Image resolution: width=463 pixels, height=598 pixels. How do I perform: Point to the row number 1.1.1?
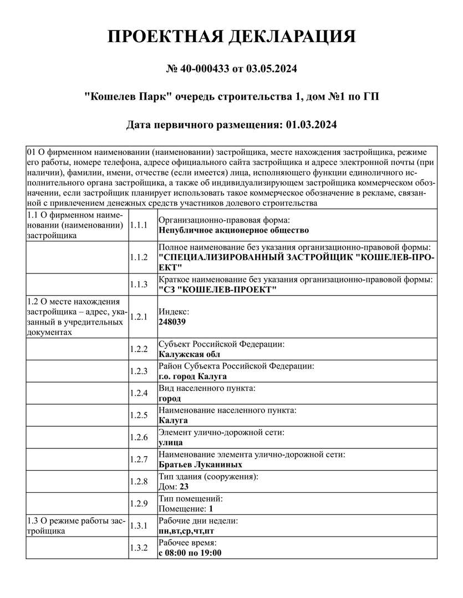tap(138, 225)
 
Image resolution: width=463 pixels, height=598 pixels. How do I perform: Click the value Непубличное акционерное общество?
tap(233, 230)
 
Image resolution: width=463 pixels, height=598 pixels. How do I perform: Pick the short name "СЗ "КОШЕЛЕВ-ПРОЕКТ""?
tap(217, 290)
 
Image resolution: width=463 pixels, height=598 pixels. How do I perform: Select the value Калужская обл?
tap(189, 354)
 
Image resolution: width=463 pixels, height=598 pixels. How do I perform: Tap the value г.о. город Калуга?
tap(192, 377)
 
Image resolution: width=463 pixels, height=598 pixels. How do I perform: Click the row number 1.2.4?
tap(138, 394)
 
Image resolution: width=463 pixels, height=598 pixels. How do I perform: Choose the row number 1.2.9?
tap(138, 503)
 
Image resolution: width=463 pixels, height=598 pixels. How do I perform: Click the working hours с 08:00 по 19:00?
tap(190, 553)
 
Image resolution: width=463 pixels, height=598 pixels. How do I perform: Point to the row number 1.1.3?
tap(138, 285)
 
